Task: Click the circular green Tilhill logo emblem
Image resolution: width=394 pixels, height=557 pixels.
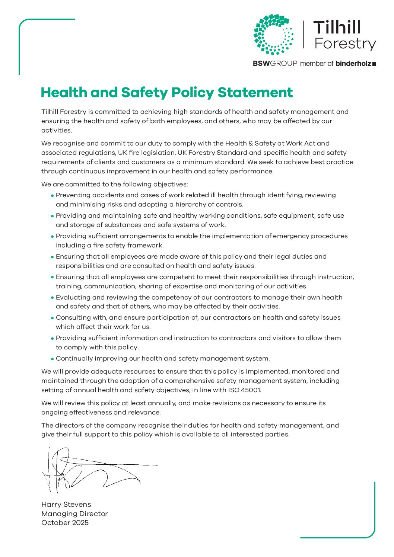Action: click(x=273, y=35)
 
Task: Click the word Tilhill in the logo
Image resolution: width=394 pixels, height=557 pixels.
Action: click(x=337, y=28)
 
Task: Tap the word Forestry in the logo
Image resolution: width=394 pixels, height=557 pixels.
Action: click(x=345, y=44)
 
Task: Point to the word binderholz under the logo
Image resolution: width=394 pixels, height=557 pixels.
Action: click(x=353, y=64)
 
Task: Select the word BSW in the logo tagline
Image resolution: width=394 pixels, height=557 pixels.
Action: click(x=261, y=64)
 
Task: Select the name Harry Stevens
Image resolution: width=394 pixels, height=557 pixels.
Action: click(x=66, y=505)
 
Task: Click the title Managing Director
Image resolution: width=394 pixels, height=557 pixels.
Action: click(x=74, y=514)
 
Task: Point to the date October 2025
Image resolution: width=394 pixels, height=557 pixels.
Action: click(x=65, y=523)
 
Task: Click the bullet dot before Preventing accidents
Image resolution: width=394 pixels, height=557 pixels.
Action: click(x=53, y=195)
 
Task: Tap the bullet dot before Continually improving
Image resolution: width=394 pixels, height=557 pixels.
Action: click(x=53, y=359)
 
